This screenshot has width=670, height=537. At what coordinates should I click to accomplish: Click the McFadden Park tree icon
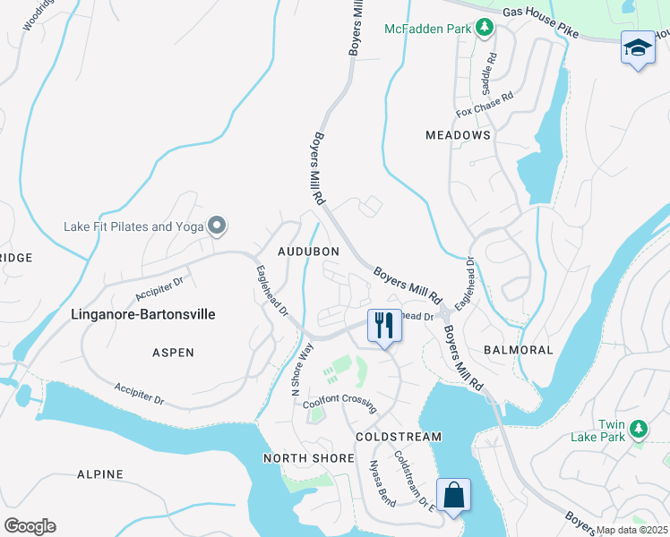pyautogui.click(x=485, y=29)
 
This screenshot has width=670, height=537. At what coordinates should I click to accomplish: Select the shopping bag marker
pyautogui.click(x=453, y=495)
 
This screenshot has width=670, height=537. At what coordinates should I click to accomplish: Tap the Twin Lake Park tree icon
pyautogui.click(x=638, y=430)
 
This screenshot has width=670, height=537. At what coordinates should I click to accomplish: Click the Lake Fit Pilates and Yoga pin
pyautogui.click(x=217, y=226)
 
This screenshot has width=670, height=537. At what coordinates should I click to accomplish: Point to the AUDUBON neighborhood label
pyautogui.click(x=307, y=251)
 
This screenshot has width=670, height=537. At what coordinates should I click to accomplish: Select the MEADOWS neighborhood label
pyautogui.click(x=458, y=135)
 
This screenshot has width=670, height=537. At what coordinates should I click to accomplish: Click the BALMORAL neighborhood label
pyautogui.click(x=519, y=349)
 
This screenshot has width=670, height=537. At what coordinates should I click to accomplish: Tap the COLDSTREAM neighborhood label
pyautogui.click(x=398, y=437)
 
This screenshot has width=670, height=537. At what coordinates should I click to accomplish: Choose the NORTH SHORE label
pyautogui.click(x=296, y=458)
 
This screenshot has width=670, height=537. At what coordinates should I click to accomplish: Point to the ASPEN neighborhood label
pyautogui.click(x=173, y=353)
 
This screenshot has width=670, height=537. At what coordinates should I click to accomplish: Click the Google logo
pyautogui.click(x=30, y=525)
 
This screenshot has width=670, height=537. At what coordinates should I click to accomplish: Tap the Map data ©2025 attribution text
pyautogui.click(x=631, y=530)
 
